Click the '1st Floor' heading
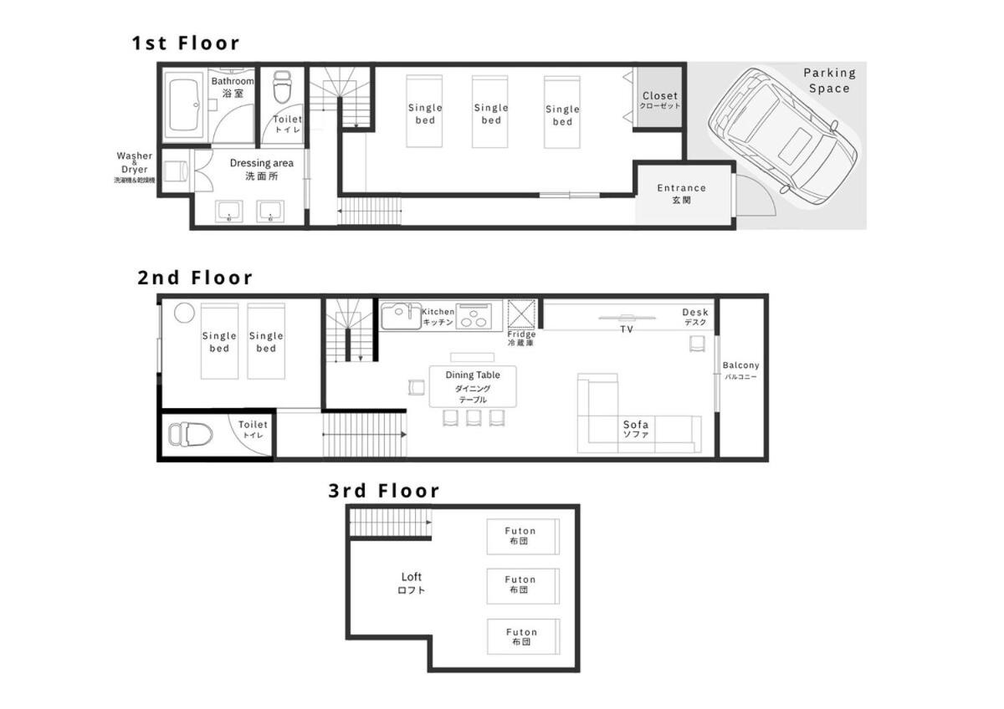186,43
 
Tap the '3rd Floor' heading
384,491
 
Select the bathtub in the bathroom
183,105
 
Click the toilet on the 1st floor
282,86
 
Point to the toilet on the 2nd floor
190,434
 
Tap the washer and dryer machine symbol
175,171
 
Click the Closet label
660,96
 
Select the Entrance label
681,188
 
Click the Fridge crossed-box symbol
521,314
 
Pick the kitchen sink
401,316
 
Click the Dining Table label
473,375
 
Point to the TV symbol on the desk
627,318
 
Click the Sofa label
636,424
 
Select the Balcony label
740,365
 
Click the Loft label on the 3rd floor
411,577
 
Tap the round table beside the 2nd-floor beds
184,313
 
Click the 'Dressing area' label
262,163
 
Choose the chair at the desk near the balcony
697,344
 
